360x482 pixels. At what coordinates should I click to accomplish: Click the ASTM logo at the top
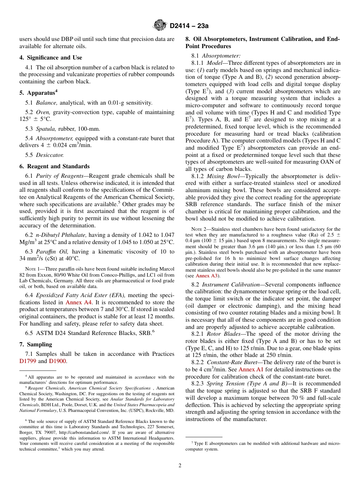click(160, 25)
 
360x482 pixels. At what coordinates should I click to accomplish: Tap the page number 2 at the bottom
click(180, 466)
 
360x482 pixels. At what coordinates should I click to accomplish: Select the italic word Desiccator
click(50, 155)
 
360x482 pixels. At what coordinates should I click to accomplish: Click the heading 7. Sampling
click(36, 344)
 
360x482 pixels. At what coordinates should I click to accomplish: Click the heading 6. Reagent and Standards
click(55, 166)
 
